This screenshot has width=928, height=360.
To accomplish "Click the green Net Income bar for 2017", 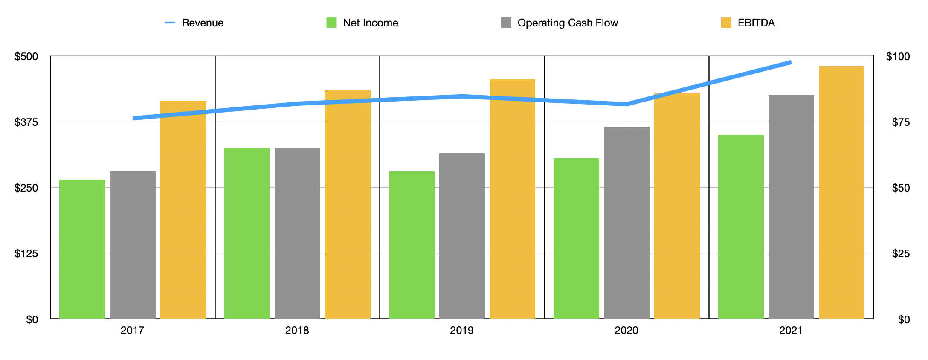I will (x=82, y=249).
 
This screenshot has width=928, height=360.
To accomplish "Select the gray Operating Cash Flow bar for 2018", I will (x=297, y=233).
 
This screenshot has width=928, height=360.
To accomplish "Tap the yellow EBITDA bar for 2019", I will (x=512, y=199).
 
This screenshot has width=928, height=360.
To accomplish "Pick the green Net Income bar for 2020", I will (x=576, y=238).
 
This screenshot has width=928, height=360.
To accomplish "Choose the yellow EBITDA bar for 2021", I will (x=841, y=192).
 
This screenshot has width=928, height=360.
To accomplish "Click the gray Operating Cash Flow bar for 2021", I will (x=791, y=207).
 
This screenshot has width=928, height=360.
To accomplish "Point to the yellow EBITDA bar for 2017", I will (x=183, y=209).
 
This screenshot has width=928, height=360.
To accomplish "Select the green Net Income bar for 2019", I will (x=412, y=245).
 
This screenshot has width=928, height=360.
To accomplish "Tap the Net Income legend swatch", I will (x=331, y=23).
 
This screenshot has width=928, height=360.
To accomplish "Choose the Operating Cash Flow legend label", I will (x=567, y=23).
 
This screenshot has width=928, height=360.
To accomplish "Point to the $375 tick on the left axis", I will (x=26, y=122).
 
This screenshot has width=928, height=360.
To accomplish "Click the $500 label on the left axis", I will (x=26, y=57).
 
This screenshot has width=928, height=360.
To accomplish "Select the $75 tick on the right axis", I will (x=901, y=122).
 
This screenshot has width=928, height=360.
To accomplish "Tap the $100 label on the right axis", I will (x=898, y=57).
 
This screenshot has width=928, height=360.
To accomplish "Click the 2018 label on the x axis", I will (x=297, y=331).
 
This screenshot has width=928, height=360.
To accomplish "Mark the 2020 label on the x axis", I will (x=626, y=331).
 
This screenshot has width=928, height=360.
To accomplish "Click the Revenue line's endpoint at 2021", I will (x=791, y=63).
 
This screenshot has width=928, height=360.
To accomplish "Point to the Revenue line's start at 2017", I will (x=134, y=118).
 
